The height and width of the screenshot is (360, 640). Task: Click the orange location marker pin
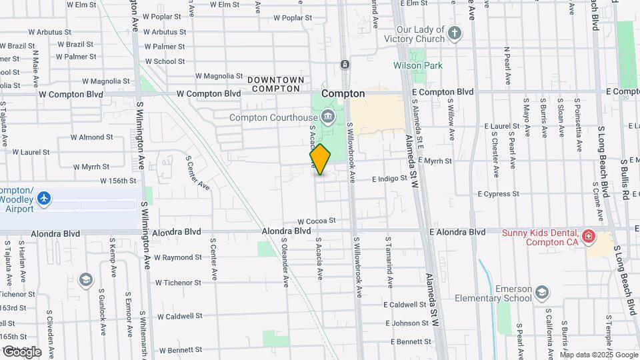[x=321, y=159]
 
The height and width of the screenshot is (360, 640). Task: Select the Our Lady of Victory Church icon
[x=455, y=33]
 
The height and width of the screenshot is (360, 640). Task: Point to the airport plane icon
[x=44, y=198]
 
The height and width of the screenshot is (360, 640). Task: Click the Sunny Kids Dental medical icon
[x=588, y=235]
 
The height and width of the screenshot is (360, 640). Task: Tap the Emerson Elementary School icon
[x=542, y=293]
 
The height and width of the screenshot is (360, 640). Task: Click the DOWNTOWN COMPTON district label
[x=275, y=84]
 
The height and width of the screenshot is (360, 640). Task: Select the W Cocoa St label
[x=316, y=221]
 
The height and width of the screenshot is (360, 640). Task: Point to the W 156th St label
[x=118, y=181]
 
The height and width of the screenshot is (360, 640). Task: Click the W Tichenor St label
[x=178, y=283]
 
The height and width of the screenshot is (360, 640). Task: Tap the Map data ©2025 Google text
[x=599, y=355]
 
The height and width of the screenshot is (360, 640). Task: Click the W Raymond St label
[x=177, y=257]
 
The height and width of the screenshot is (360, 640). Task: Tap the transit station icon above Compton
[x=345, y=65]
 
